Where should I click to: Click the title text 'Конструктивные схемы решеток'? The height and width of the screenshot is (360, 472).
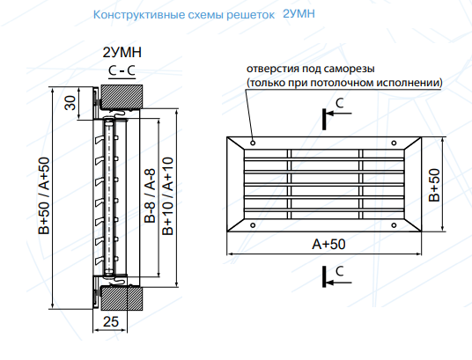[x=184, y=15]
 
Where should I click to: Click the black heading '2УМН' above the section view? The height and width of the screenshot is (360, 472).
[x=122, y=53]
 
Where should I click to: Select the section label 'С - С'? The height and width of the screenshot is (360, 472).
[x=122, y=70]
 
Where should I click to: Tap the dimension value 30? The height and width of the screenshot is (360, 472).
[x=70, y=103]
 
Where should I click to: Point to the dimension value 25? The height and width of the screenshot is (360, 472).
[x=110, y=322]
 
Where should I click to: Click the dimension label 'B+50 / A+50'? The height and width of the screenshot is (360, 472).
[x=44, y=196]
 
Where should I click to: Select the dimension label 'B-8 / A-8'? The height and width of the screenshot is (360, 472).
[x=150, y=195]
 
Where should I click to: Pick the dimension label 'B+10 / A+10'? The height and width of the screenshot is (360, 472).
[x=167, y=196]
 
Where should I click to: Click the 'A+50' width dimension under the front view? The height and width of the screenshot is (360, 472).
[x=328, y=244]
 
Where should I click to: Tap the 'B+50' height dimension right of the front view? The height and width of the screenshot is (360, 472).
[x=434, y=185]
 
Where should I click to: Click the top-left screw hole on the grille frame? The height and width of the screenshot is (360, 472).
[x=253, y=143]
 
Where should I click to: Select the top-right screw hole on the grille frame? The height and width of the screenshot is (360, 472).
[x=394, y=143]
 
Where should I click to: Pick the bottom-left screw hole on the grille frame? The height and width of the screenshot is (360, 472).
[x=253, y=225]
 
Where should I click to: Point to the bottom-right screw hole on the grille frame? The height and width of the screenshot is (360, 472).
[x=394, y=225]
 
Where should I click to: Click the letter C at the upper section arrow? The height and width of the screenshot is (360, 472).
[x=340, y=103]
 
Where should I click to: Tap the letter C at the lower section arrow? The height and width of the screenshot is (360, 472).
[x=340, y=271]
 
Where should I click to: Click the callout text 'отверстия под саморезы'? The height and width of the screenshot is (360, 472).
[x=311, y=69]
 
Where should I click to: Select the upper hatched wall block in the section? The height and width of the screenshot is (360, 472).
[x=122, y=97]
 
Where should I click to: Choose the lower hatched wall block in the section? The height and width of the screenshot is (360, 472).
[x=122, y=298]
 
